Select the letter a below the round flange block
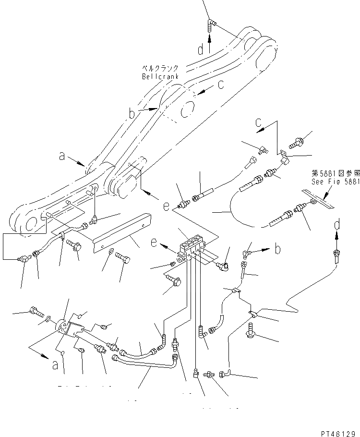tap(55, 365)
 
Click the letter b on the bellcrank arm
tap(132, 114)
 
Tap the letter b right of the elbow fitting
tap(277, 250)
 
